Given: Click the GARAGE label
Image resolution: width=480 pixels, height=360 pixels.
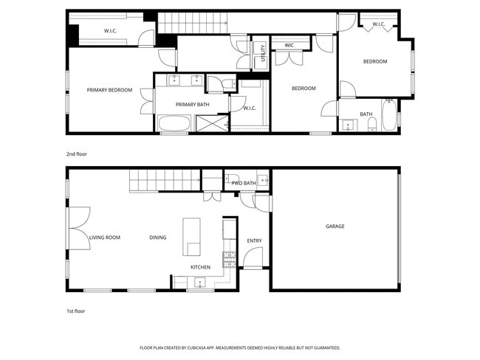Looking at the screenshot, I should pyautogui.click(x=335, y=226).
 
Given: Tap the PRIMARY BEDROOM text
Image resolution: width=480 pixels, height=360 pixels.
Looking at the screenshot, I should pyautogui.click(x=109, y=90).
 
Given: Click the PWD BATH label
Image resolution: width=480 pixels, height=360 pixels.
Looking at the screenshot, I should pyautogui.click(x=243, y=183).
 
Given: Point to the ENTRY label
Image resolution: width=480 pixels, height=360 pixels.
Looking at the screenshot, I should pyautogui.click(x=254, y=240).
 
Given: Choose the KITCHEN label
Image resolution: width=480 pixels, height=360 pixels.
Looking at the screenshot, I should pyautogui.click(x=201, y=267).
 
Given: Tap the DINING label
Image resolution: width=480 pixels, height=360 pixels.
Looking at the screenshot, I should pyautogui.click(x=157, y=238).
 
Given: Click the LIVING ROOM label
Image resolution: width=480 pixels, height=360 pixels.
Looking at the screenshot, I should pyautogui.click(x=105, y=238).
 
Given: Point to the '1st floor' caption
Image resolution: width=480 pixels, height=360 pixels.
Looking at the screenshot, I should pyautogui.click(x=76, y=311).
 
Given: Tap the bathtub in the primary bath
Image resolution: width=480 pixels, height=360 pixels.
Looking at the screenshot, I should pyautogui.click(x=175, y=123).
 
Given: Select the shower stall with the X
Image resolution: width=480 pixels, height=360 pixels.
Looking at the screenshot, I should pyautogui.click(x=212, y=124).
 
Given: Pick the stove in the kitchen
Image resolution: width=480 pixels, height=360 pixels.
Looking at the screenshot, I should pyautogui.click(x=229, y=259).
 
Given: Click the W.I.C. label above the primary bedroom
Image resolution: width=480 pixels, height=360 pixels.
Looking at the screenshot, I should pyautogui.click(x=111, y=31).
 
